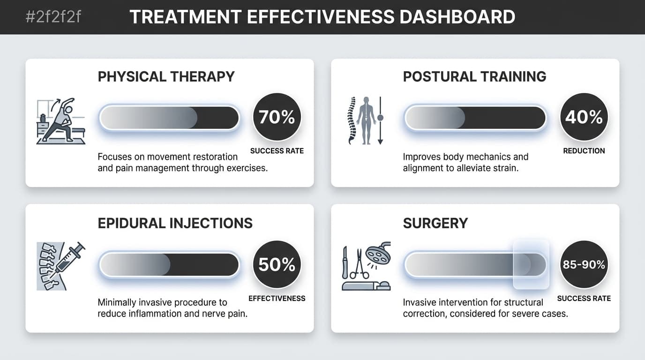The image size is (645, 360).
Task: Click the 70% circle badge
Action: [x=277, y=117]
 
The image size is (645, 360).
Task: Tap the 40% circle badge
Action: [x=584, y=117]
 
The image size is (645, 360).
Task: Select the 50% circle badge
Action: [x=277, y=265]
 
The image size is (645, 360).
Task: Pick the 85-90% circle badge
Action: [x=584, y=265]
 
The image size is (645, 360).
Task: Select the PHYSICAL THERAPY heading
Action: [x=166, y=76]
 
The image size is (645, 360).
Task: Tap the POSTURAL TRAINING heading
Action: [x=474, y=76]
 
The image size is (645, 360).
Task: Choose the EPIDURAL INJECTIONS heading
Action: [x=175, y=223]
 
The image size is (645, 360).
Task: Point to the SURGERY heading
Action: [x=435, y=223]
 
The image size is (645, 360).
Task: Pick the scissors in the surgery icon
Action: [x=360, y=263]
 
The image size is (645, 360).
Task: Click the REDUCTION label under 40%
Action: [x=584, y=151]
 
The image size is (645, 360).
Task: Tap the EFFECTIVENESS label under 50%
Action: [x=277, y=298]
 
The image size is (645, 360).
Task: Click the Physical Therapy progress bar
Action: [x=169, y=118]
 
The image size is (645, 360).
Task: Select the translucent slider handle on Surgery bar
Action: [x=531, y=264]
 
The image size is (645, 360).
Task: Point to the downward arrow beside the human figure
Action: [x=380, y=120]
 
